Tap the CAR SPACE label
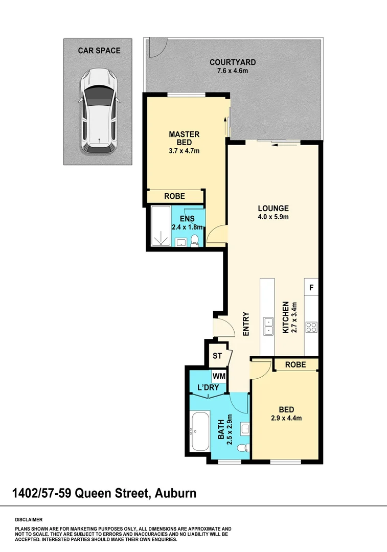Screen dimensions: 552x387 [x=99, y=51]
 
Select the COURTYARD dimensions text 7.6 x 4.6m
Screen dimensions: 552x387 [x=233, y=71]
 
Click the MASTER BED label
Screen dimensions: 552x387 [x=184, y=138]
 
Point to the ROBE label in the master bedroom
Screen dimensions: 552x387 [x=174, y=196]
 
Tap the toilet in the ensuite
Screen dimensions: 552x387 [x=195, y=241]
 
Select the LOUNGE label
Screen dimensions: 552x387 [x=273, y=209]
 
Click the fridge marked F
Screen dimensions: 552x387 [x=311, y=288]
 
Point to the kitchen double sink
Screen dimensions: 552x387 [x=267, y=326]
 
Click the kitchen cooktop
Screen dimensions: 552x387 [x=311, y=327]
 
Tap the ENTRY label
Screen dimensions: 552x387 [x=246, y=324]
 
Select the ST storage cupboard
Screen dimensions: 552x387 [x=217, y=356]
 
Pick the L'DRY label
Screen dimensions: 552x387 [x=208, y=387]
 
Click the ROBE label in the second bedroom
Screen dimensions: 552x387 [x=295, y=364]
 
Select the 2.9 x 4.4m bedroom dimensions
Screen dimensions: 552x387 [x=286, y=418]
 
